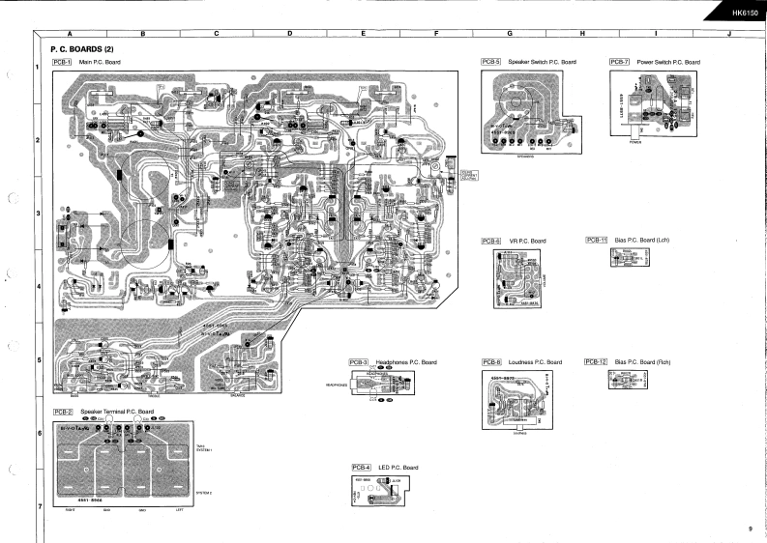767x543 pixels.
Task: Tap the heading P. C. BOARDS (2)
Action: [82, 48]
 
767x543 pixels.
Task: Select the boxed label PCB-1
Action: [62, 62]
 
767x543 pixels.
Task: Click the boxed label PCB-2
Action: [62, 412]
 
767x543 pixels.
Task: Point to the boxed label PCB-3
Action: [359, 361]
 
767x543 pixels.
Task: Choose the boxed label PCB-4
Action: [362, 468]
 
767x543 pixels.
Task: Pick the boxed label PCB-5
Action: [491, 62]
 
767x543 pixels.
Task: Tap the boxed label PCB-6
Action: [491, 241]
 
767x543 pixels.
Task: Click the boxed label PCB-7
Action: [620, 62]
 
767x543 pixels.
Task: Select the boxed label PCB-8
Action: [491, 361]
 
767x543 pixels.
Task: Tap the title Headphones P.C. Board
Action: [406, 361]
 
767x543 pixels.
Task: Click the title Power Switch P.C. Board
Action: [668, 62]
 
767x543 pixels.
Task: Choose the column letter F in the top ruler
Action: [436, 34]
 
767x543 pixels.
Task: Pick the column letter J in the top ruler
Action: [728, 34]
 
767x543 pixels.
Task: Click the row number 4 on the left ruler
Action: [37, 287]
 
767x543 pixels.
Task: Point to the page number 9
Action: [750, 528]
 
